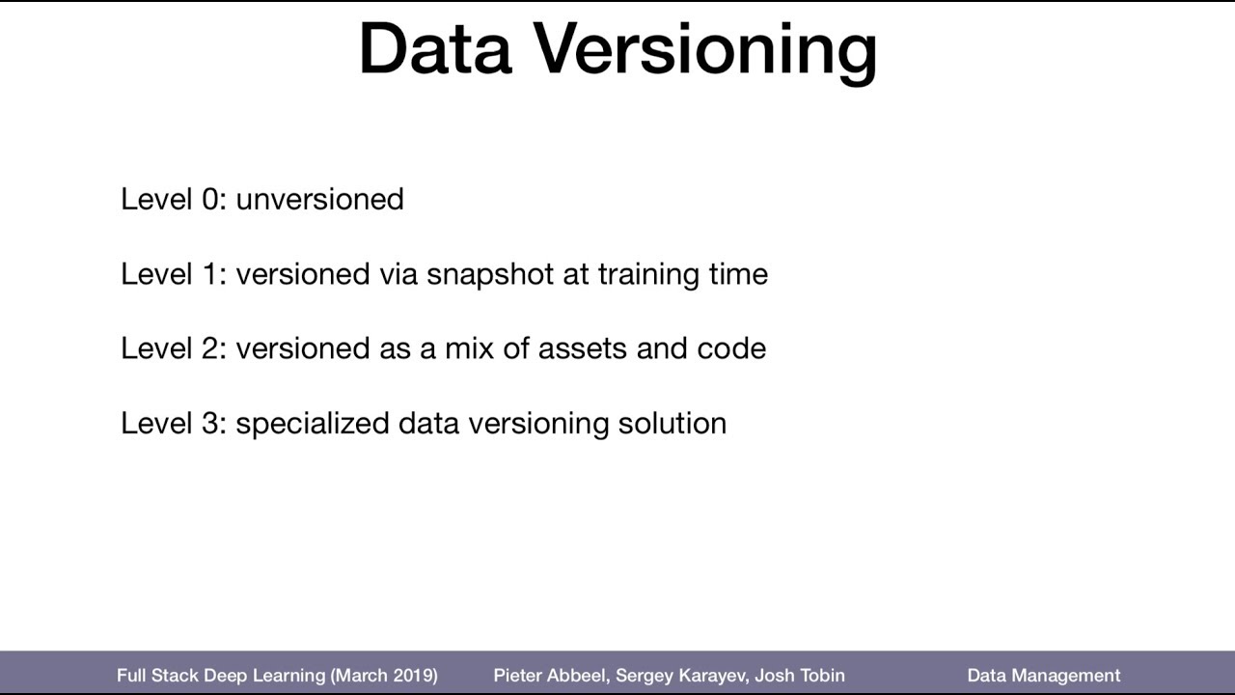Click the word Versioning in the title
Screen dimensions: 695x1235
click(706, 50)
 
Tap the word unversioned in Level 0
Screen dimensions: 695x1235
click(319, 199)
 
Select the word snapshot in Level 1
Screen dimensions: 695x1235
click(490, 274)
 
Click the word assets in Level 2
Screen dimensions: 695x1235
click(582, 348)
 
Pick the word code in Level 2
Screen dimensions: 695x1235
click(731, 348)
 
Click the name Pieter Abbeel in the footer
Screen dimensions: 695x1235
click(549, 676)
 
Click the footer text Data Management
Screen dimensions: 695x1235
click(1044, 676)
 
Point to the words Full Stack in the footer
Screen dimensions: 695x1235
click(157, 676)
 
